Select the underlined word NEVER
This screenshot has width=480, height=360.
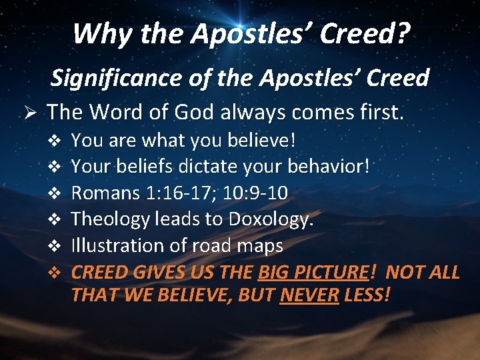[x=309, y=294]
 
